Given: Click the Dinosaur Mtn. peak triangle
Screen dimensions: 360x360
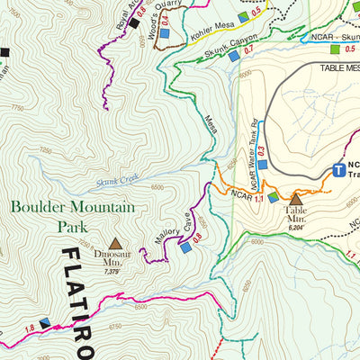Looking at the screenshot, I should click(115, 243).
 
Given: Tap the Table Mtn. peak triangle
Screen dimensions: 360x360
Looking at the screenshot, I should click(296, 198).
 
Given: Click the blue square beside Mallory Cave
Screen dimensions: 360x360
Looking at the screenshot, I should click(185, 248).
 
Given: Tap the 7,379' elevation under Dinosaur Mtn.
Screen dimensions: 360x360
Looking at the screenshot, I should click(112, 270).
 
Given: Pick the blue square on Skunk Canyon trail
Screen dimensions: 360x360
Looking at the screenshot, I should click(233, 57).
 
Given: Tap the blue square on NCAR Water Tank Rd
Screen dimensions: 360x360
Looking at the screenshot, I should click(263, 164).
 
